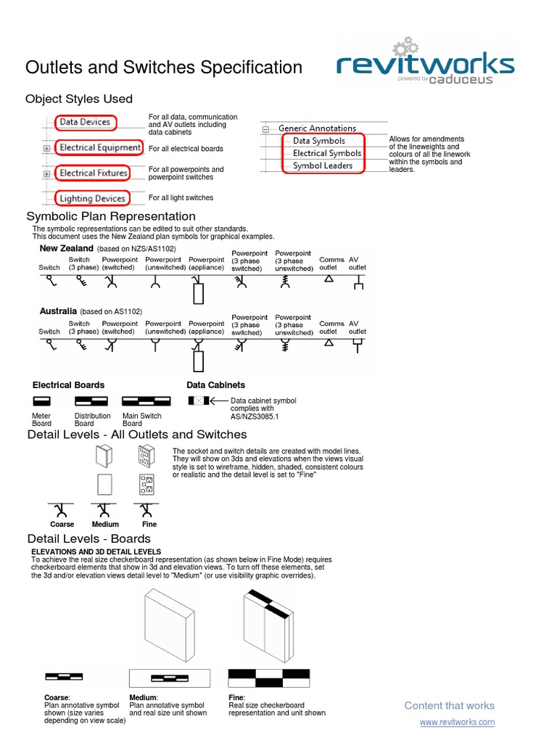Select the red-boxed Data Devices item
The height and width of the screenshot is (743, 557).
[85, 122]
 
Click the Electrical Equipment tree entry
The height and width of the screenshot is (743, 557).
[99, 147]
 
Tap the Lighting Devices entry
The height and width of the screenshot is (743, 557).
[92, 198]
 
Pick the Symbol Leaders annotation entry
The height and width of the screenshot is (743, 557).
[323, 165]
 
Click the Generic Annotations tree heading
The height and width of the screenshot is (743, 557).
[317, 128]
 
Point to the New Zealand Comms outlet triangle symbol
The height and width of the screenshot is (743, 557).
[329, 279]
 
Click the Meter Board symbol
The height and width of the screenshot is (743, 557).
[41, 401]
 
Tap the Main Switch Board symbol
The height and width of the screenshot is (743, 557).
[146, 401]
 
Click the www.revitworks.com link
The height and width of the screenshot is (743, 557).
[457, 722]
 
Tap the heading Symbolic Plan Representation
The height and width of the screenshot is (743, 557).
[111, 216]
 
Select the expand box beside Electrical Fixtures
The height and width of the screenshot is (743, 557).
[46, 173]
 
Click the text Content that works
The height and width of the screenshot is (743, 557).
[449, 705]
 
